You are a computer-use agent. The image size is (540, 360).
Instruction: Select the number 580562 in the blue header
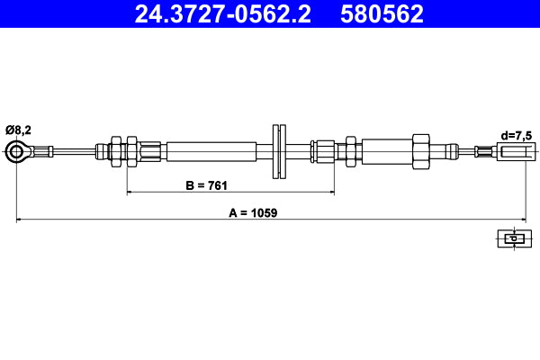(x=383, y=14)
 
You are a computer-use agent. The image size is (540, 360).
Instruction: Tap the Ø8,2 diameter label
(x=18, y=129)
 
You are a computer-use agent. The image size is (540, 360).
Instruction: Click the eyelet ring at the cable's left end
(x=16, y=150)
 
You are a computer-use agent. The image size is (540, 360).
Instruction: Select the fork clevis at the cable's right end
(x=510, y=151)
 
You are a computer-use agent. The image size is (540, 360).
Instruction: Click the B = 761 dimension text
(x=205, y=185)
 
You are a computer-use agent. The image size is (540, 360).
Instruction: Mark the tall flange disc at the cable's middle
(x=279, y=150)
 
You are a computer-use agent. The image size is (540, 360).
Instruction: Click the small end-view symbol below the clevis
(x=511, y=238)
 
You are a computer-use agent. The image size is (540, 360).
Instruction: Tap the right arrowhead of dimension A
(x=521, y=219)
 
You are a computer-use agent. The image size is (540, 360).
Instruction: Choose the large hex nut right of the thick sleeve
(x=420, y=149)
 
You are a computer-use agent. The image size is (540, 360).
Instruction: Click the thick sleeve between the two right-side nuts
(x=385, y=149)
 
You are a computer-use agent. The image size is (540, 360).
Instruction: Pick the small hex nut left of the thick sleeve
(x=350, y=149)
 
